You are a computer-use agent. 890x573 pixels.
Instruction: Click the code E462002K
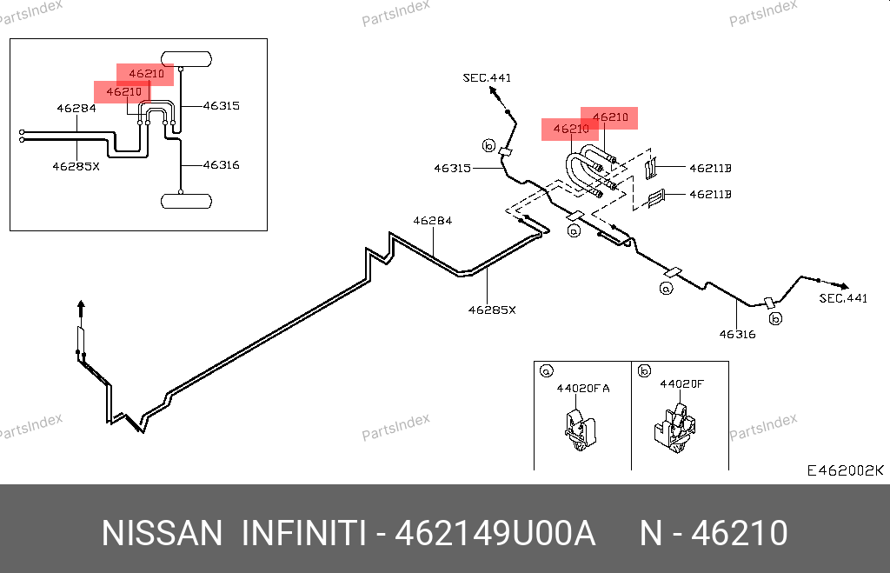(x=845, y=470)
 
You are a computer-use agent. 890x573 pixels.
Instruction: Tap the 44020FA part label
(x=583, y=389)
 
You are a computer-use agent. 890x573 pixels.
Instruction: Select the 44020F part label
(x=681, y=384)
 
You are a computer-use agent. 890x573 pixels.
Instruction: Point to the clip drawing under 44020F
(x=675, y=429)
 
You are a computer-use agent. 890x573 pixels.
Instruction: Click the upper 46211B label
(x=710, y=168)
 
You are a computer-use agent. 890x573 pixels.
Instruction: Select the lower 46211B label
(x=710, y=194)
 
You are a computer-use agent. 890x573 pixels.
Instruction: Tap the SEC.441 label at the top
(x=487, y=77)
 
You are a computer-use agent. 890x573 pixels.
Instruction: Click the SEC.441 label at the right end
(x=843, y=298)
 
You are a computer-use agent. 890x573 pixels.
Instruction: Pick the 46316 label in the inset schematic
(x=221, y=165)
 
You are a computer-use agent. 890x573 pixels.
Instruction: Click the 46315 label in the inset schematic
(x=221, y=105)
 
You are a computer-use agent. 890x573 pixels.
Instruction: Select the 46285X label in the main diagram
(x=492, y=310)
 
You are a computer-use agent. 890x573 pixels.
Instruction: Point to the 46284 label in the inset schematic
(x=76, y=108)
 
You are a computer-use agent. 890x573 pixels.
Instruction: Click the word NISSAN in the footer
(x=163, y=533)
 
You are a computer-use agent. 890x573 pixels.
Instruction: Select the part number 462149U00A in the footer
(x=495, y=533)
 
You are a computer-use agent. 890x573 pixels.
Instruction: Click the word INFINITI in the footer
(x=304, y=533)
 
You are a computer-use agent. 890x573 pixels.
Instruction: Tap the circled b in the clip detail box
(x=644, y=370)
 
